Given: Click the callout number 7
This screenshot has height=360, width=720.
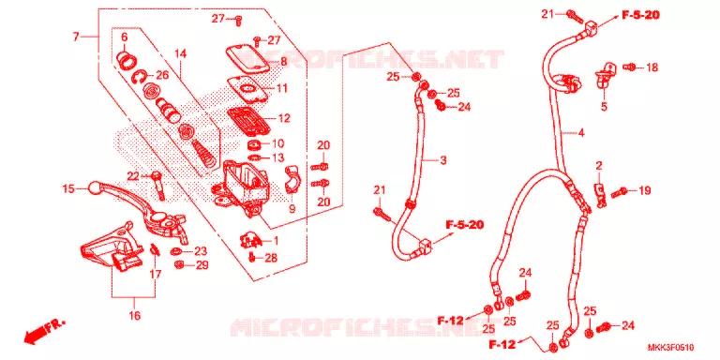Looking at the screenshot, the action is (76, 36).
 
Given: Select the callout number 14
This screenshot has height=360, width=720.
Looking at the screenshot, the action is (181, 54).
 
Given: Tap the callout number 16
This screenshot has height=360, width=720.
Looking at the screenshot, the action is (135, 316).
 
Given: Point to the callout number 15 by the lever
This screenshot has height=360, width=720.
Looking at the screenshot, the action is (68, 188).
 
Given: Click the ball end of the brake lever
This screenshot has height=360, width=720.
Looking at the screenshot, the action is (94, 187).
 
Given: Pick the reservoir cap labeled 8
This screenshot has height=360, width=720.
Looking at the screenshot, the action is (247, 57).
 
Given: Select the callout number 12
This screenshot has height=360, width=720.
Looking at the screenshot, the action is (284, 118).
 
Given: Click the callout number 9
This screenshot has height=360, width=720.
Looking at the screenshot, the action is (292, 209).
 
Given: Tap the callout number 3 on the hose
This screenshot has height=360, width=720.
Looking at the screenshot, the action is (442, 160).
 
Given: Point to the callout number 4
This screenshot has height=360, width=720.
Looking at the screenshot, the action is (581, 134).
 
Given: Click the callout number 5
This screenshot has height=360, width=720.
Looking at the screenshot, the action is (604, 107).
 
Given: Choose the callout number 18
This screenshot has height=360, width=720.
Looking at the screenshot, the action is (652, 67).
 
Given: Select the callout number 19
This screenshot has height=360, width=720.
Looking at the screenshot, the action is (645, 190).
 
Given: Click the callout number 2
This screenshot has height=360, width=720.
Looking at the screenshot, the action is (599, 166).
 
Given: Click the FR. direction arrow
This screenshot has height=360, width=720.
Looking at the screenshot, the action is (45, 331).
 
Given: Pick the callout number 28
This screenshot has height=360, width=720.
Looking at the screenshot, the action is (271, 258).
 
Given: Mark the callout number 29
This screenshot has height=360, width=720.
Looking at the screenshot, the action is (202, 265).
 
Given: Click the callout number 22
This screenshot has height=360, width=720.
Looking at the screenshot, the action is (133, 175).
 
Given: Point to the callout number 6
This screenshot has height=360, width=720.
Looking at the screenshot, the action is (124, 37).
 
